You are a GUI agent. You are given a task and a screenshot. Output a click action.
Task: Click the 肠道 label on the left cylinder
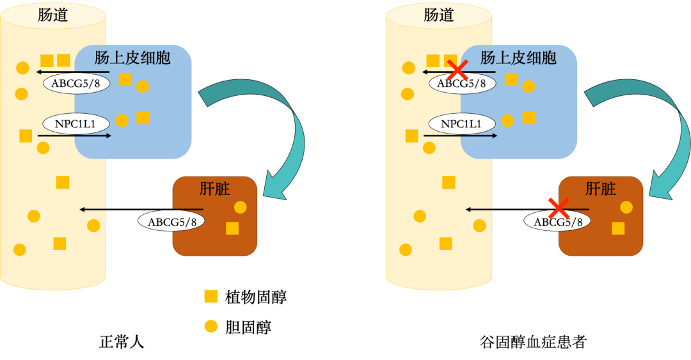click(52, 15)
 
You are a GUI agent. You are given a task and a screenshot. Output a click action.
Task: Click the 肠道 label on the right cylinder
click(438, 15)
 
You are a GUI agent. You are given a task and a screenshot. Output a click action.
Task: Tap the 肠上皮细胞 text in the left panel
click(132, 58)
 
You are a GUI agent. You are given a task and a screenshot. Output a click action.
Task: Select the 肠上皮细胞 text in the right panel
click(518, 58)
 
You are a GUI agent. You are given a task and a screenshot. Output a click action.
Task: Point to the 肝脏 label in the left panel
click(215, 189)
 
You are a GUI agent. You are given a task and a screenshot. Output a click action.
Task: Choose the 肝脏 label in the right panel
click(601, 189)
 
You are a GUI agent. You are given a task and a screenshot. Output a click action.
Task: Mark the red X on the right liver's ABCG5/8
click(559, 208)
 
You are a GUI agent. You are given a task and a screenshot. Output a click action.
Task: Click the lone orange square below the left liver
click(210, 296)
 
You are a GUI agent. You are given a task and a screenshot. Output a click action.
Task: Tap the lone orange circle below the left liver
click(210, 326)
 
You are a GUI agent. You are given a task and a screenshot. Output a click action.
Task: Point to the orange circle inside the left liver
click(241, 207)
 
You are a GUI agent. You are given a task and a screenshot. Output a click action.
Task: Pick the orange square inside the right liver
click(618, 228)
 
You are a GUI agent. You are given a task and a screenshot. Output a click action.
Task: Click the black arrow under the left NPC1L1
click(74, 136)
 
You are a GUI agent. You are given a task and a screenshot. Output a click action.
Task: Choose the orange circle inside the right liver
click(626, 207)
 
